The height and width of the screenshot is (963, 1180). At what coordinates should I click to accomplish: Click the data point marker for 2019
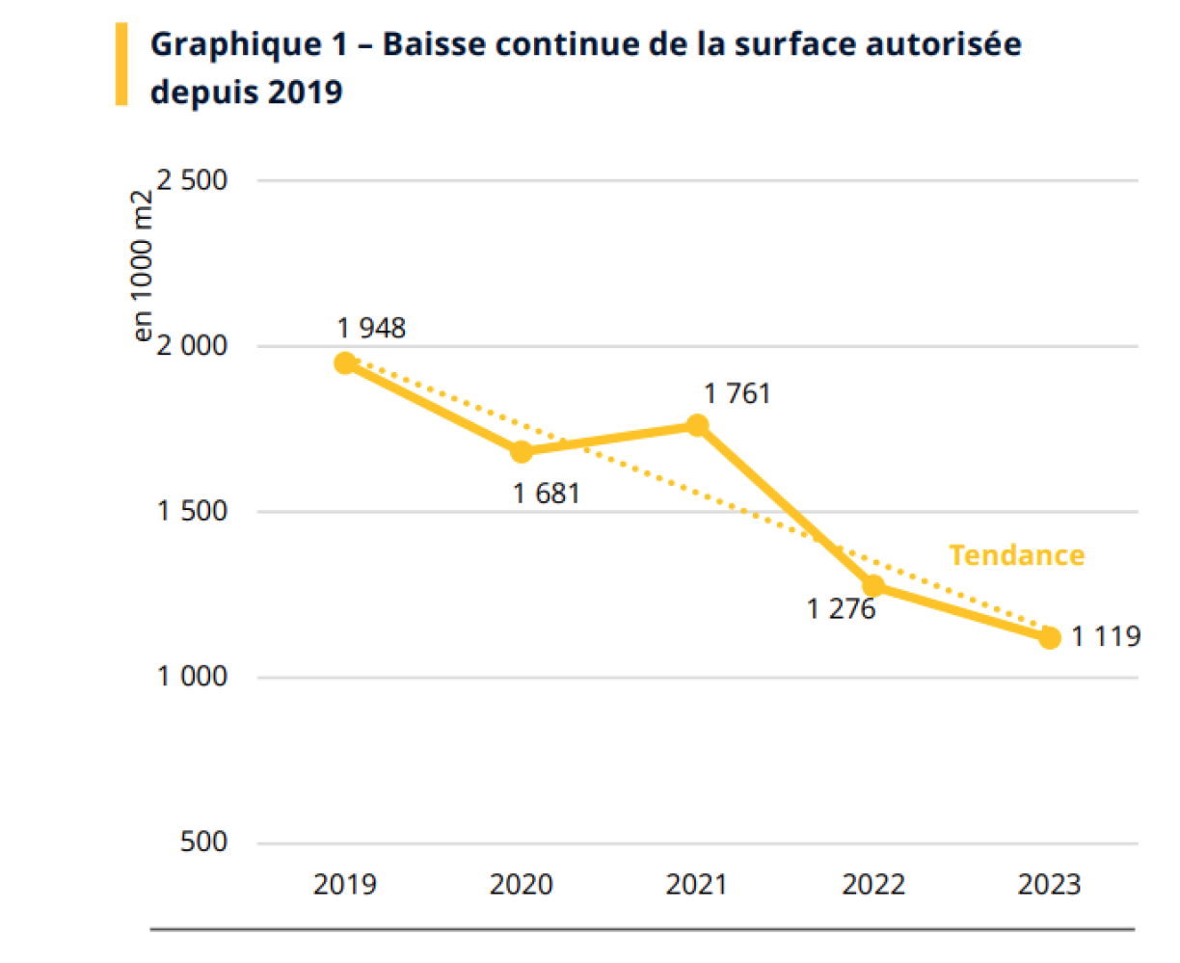pyautogui.click(x=345, y=363)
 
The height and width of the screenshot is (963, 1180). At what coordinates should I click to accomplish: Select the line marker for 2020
pyautogui.click(x=522, y=451)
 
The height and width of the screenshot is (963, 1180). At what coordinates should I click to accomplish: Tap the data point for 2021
pyautogui.click(x=697, y=425)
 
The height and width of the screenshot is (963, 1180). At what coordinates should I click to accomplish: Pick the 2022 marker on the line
pyautogui.click(x=873, y=585)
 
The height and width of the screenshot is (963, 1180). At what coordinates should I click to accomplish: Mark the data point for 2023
pyautogui.click(x=1050, y=637)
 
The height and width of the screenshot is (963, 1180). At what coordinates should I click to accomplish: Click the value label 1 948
pyautogui.click(x=371, y=329)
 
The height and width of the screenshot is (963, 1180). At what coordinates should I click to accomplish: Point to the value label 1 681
pyautogui.click(x=547, y=494)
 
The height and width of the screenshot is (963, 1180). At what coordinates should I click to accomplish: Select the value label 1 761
pyautogui.click(x=737, y=393)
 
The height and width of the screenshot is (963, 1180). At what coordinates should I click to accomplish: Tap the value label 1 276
pyautogui.click(x=842, y=609)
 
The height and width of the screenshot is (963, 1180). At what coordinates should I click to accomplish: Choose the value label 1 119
pyautogui.click(x=1106, y=636)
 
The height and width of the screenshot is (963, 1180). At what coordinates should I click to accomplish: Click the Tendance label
pyautogui.click(x=1016, y=555)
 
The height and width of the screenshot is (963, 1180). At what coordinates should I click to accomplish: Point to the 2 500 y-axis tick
pyautogui.click(x=193, y=180)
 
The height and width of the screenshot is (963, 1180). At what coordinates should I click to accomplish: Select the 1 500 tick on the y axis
pyautogui.click(x=193, y=511)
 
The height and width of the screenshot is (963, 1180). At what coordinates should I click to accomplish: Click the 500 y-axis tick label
pyautogui.click(x=203, y=842)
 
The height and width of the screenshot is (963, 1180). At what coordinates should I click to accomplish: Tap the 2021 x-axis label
pyautogui.click(x=697, y=884)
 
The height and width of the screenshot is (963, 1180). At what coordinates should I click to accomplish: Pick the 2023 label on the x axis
pyautogui.click(x=1050, y=884)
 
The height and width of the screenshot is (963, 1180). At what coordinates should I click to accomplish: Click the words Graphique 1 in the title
pyautogui.click(x=235, y=44)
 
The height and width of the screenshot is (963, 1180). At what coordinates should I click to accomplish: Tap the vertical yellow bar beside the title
pyautogui.click(x=121, y=64)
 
